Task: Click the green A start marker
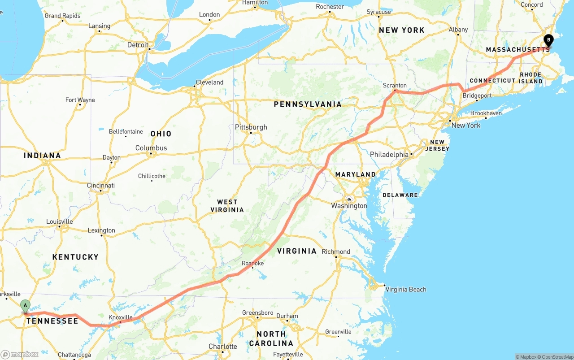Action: coord(26,306)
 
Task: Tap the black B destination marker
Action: coord(548,40)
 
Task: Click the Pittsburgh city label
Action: coord(251,127)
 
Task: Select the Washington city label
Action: coord(349,206)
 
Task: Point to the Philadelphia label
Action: coord(389,154)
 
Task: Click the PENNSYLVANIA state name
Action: coord(308,104)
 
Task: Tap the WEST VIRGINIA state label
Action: coord(227,206)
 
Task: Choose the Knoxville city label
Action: coord(121,317)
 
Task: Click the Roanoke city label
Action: coord(253,263)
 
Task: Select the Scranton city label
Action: coord(395,85)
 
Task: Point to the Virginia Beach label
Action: coord(406,289)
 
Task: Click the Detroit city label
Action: coord(138,45)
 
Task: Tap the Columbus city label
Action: coord(151,148)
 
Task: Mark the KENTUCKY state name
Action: coord(75,257)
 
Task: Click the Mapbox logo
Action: coord(20,354)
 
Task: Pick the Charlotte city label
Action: coord(223,347)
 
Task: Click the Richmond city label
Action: coord(336,252)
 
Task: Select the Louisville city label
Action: coord(59,221)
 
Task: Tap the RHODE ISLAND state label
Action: coord(531,78)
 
